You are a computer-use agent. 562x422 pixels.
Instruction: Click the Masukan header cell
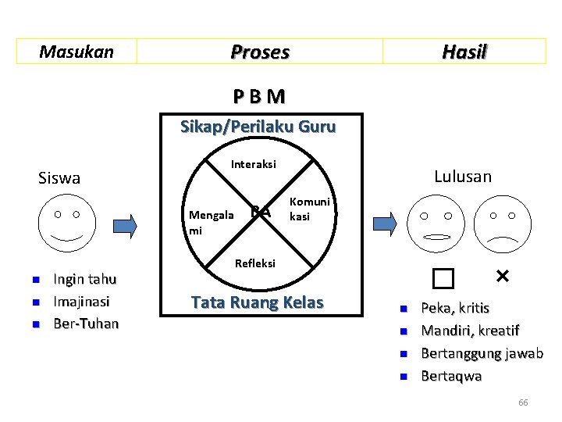76,52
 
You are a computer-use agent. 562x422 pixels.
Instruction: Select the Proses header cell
260,52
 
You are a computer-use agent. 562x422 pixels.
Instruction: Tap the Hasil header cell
464,52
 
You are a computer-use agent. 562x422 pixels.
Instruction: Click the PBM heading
258,97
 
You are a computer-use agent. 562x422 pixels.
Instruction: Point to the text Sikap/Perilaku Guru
258,126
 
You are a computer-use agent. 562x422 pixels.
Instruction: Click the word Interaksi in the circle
254,165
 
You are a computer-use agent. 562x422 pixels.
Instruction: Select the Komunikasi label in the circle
309,209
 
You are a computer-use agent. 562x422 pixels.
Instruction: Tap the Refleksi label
255,263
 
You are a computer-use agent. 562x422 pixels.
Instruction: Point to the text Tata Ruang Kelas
258,302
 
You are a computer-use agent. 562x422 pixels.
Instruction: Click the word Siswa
59,178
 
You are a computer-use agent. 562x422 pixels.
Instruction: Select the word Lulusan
463,177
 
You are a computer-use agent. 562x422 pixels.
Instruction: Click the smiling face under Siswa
66,223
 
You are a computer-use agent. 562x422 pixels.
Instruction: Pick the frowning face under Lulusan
502,225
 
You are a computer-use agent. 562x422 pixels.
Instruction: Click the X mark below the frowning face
502,276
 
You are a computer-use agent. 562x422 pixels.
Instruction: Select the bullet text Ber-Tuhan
86,324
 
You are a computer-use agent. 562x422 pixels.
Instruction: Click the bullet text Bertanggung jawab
482,353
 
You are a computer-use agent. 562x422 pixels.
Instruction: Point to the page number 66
523,402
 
